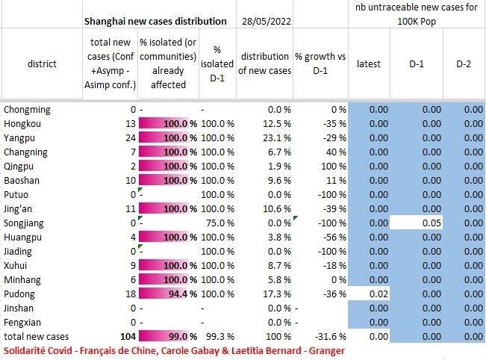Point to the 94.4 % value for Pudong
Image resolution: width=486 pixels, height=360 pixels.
pyautogui.click(x=184, y=294)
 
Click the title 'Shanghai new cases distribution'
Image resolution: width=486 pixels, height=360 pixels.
pyautogui.click(x=155, y=21)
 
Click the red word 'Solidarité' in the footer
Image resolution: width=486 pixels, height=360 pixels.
pyautogui.click(x=26, y=350)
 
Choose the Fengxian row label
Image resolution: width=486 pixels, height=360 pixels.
pyautogui.click(x=22, y=323)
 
